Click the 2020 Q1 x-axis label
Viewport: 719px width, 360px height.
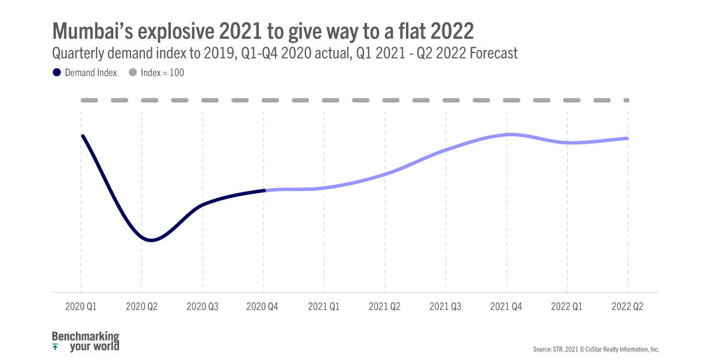pyautogui.click(x=81, y=307)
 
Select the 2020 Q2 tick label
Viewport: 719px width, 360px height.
pyautogui.click(x=141, y=307)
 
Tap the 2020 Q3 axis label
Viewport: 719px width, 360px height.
pyautogui.click(x=202, y=307)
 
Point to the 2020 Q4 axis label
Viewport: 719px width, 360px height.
pyautogui.click(x=263, y=307)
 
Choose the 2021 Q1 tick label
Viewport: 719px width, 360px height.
pyautogui.click(x=324, y=307)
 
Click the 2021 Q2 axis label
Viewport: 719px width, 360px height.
pyautogui.click(x=385, y=307)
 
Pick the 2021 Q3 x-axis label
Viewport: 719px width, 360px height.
pyautogui.click(x=445, y=307)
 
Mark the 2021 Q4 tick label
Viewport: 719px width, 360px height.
pyautogui.click(x=506, y=307)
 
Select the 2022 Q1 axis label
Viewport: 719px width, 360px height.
pyautogui.click(x=567, y=307)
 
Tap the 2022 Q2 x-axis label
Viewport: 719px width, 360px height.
pyautogui.click(x=628, y=307)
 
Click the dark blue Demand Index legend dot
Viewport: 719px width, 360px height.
pyautogui.click(x=56, y=73)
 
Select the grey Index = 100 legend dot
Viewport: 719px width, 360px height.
pyautogui.click(x=132, y=73)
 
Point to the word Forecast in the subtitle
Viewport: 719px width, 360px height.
pyautogui.click(x=494, y=53)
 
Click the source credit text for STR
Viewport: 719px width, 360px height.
pyautogui.click(x=596, y=349)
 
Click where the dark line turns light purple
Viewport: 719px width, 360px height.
pyautogui.click(x=265, y=190)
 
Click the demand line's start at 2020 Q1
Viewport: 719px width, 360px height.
pyautogui.click(x=83, y=136)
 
